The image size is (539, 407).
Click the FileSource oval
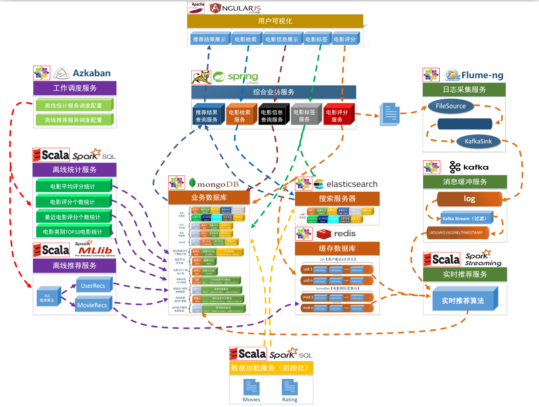click(x=451, y=106)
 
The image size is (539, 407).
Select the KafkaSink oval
click(x=478, y=141)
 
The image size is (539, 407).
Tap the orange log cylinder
click(x=469, y=199)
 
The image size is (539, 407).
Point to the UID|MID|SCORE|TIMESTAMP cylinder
click(x=457, y=233)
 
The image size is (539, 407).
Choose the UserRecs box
click(x=93, y=285)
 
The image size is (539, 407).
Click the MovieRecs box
click(x=93, y=305)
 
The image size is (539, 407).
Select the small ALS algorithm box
click(x=47, y=298)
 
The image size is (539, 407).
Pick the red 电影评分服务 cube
click(x=337, y=116)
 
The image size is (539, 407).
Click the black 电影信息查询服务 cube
click(x=272, y=116)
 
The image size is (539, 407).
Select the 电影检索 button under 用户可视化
click(x=246, y=39)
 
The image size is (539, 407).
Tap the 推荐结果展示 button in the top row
click(x=209, y=39)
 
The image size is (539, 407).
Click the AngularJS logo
click(x=236, y=8)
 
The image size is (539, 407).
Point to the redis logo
click(x=336, y=233)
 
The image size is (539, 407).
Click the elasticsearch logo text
click(x=352, y=184)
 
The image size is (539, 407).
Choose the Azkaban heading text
click(x=92, y=73)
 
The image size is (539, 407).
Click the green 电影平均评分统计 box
click(x=73, y=187)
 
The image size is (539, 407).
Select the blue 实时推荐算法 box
click(x=463, y=301)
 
